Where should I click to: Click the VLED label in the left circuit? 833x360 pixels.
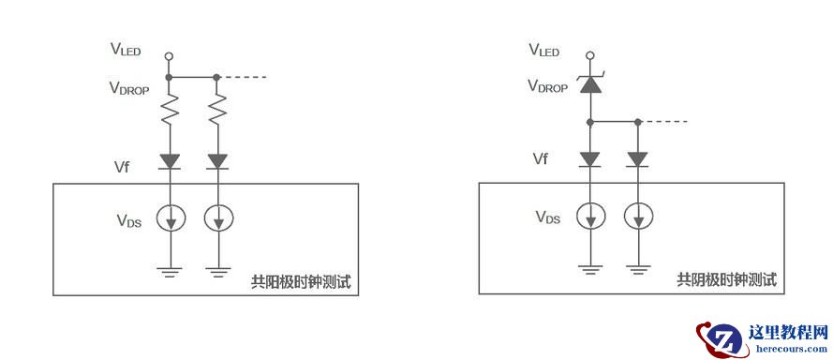pyautogui.click(x=126, y=50)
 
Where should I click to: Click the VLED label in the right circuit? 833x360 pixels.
pyautogui.click(x=544, y=50)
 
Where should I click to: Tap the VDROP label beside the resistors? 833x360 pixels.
pyautogui.click(x=129, y=88)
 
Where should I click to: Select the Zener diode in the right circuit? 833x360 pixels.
pyautogui.click(x=589, y=83)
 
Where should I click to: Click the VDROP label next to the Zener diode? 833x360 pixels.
pyautogui.click(x=548, y=86)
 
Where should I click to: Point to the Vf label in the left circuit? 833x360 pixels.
pyautogui.click(x=122, y=167)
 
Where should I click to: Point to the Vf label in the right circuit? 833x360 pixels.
pyautogui.click(x=541, y=158)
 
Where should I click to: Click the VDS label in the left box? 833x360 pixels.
pyautogui.click(x=129, y=219)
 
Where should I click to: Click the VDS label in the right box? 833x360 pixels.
pyautogui.click(x=548, y=217)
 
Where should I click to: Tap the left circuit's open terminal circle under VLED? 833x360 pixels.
pyautogui.click(x=169, y=56)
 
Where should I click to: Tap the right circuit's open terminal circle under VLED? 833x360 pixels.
pyautogui.click(x=589, y=55)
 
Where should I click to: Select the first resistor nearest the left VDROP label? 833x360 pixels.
pyautogui.click(x=169, y=110)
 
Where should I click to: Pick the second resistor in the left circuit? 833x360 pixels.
pyautogui.click(x=216, y=110)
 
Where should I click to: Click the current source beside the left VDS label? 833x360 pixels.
pyautogui.click(x=171, y=217)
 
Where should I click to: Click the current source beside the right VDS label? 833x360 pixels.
pyautogui.click(x=590, y=217)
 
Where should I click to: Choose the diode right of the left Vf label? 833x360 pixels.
pyautogui.click(x=170, y=161)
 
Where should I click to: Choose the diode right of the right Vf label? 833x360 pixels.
pyautogui.click(x=589, y=158)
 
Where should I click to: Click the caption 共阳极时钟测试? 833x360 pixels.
pyautogui.click(x=301, y=282)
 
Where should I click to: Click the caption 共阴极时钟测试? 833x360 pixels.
pyautogui.click(x=727, y=279)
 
